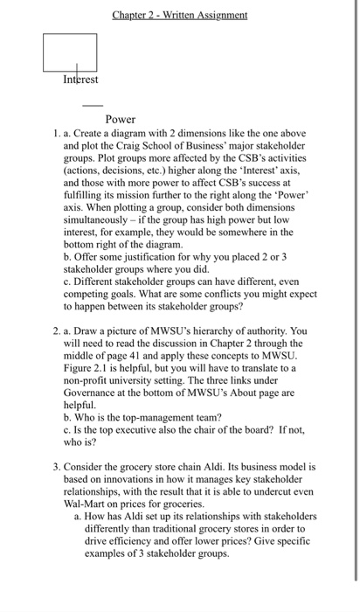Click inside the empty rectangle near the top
(70, 52)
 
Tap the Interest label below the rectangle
(80, 80)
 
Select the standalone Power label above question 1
(120, 119)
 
